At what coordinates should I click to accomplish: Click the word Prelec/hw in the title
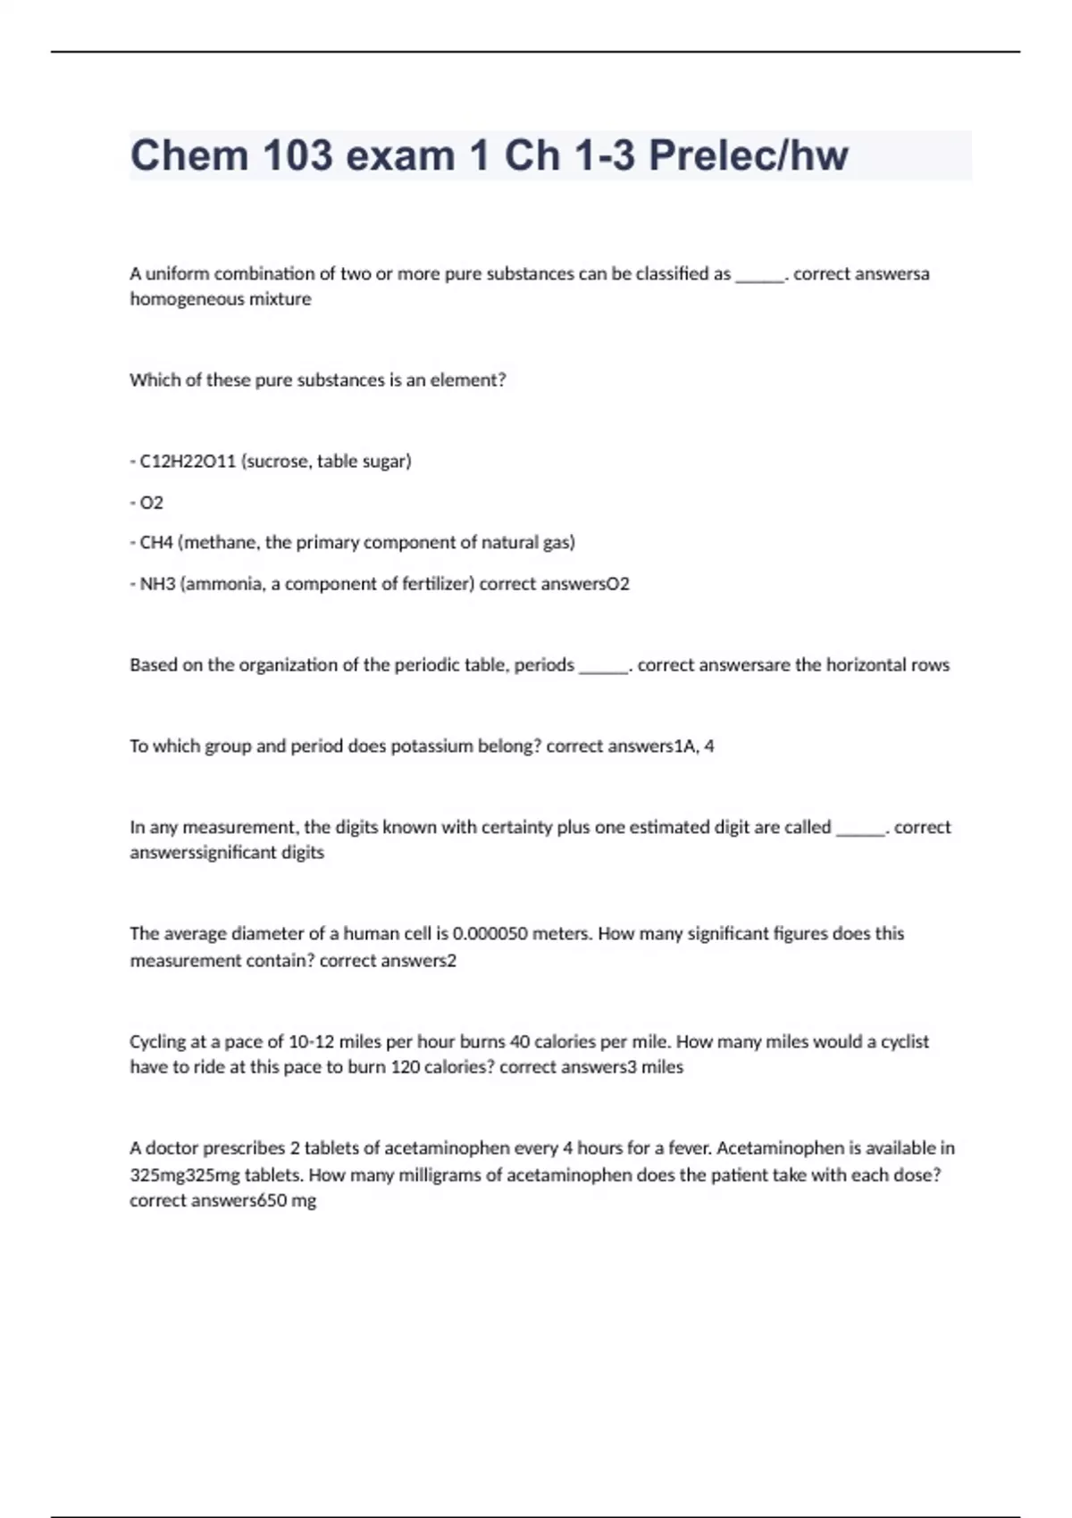pos(748,155)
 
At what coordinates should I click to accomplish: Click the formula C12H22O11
pos(188,462)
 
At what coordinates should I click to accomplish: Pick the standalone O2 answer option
pos(152,503)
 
